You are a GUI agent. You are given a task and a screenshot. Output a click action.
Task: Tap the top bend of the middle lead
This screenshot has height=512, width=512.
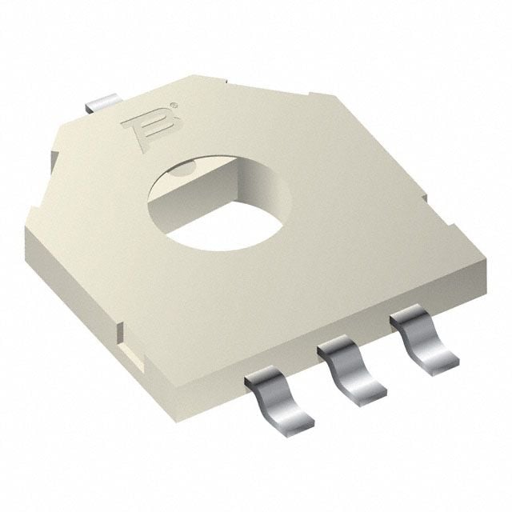(x=336, y=352)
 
